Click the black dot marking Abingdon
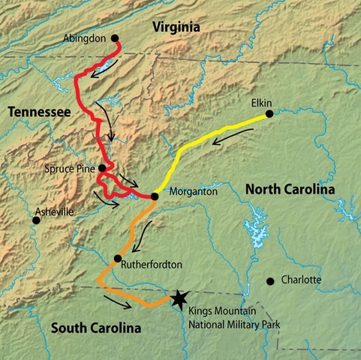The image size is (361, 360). pyautogui.click(x=115, y=37)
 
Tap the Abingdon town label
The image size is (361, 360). pyautogui.click(x=85, y=36)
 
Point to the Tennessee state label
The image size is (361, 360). pyautogui.click(x=39, y=112)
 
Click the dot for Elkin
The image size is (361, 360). pyautogui.click(x=268, y=114)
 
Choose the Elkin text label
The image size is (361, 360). pyautogui.click(x=263, y=102)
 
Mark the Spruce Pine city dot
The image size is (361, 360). pyautogui.click(x=102, y=168)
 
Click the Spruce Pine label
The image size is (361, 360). pyautogui.click(x=71, y=169)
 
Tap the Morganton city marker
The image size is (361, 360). pyautogui.click(x=154, y=196)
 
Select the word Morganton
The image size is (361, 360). pyautogui.click(x=187, y=192)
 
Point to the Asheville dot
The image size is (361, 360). pyautogui.click(x=35, y=220)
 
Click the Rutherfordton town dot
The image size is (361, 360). pyautogui.click(x=117, y=259)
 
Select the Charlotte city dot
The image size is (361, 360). pyautogui.click(x=270, y=281)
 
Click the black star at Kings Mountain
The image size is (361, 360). pyautogui.click(x=178, y=299)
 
